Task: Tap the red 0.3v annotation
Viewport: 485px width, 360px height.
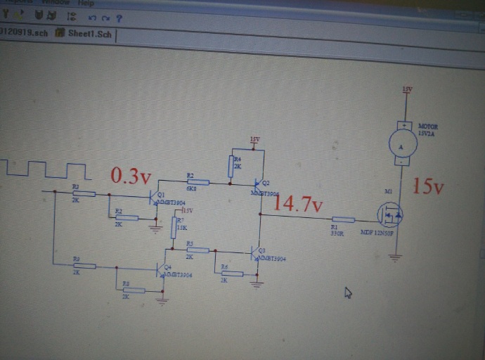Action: [131, 176]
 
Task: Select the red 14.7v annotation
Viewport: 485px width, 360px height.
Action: [297, 204]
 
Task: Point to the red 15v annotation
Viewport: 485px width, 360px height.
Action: [429, 186]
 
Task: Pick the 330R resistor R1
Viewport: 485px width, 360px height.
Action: [342, 219]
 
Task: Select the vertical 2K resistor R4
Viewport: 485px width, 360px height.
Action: [231, 167]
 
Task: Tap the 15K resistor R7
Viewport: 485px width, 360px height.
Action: [174, 226]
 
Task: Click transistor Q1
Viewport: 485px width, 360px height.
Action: [154, 198]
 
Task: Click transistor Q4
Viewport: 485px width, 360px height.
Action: [160, 269]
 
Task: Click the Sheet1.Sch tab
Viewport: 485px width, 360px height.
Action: [84, 32]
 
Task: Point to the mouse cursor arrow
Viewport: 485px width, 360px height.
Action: [347, 293]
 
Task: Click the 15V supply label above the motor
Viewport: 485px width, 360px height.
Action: [407, 89]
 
